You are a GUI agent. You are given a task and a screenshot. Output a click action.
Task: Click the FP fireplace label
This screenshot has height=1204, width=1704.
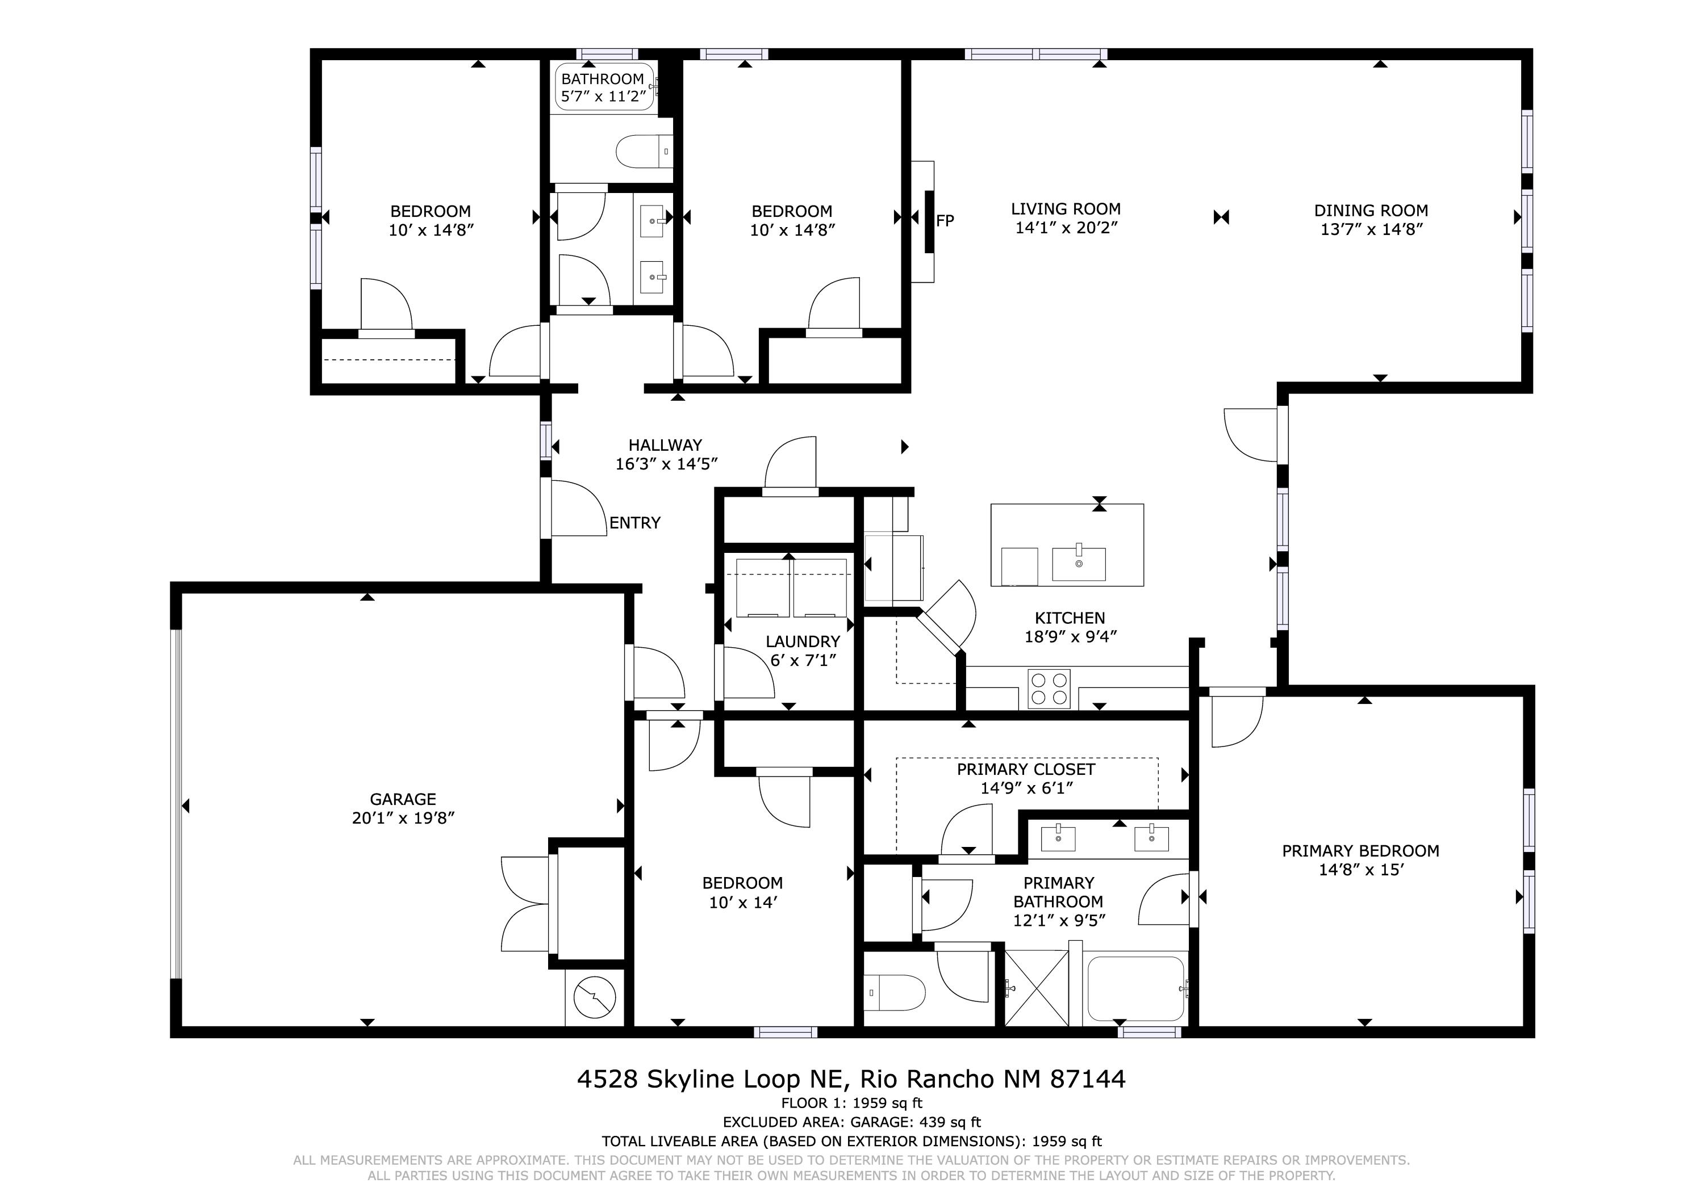coord(945,220)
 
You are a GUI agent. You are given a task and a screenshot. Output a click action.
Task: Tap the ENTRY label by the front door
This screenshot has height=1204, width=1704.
coord(634,523)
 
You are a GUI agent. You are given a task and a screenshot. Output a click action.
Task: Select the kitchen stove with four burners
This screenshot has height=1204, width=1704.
coord(1049,689)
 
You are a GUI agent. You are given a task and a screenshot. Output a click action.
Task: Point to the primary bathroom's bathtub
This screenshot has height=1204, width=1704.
coord(1135,989)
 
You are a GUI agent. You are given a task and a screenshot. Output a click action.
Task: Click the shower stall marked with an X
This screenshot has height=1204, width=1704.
coord(1037,989)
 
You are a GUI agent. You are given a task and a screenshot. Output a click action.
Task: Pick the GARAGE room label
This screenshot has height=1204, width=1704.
coord(403,799)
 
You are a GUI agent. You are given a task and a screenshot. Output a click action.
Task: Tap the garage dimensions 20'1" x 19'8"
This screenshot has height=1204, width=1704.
coord(403,818)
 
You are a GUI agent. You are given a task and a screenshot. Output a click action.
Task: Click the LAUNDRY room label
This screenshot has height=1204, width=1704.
coord(803,641)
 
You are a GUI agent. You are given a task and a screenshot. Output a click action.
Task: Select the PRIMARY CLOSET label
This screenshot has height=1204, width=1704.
coord(1026,769)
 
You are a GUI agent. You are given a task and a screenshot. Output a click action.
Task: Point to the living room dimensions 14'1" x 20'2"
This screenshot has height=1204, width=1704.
coord(1067,228)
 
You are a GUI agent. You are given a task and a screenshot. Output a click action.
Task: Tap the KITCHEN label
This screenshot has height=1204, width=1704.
coord(1070,618)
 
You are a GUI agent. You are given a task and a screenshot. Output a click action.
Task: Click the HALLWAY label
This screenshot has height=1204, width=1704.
coord(665,445)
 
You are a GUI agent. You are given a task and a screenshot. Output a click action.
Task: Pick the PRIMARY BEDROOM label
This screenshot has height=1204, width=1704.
coord(1360,851)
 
